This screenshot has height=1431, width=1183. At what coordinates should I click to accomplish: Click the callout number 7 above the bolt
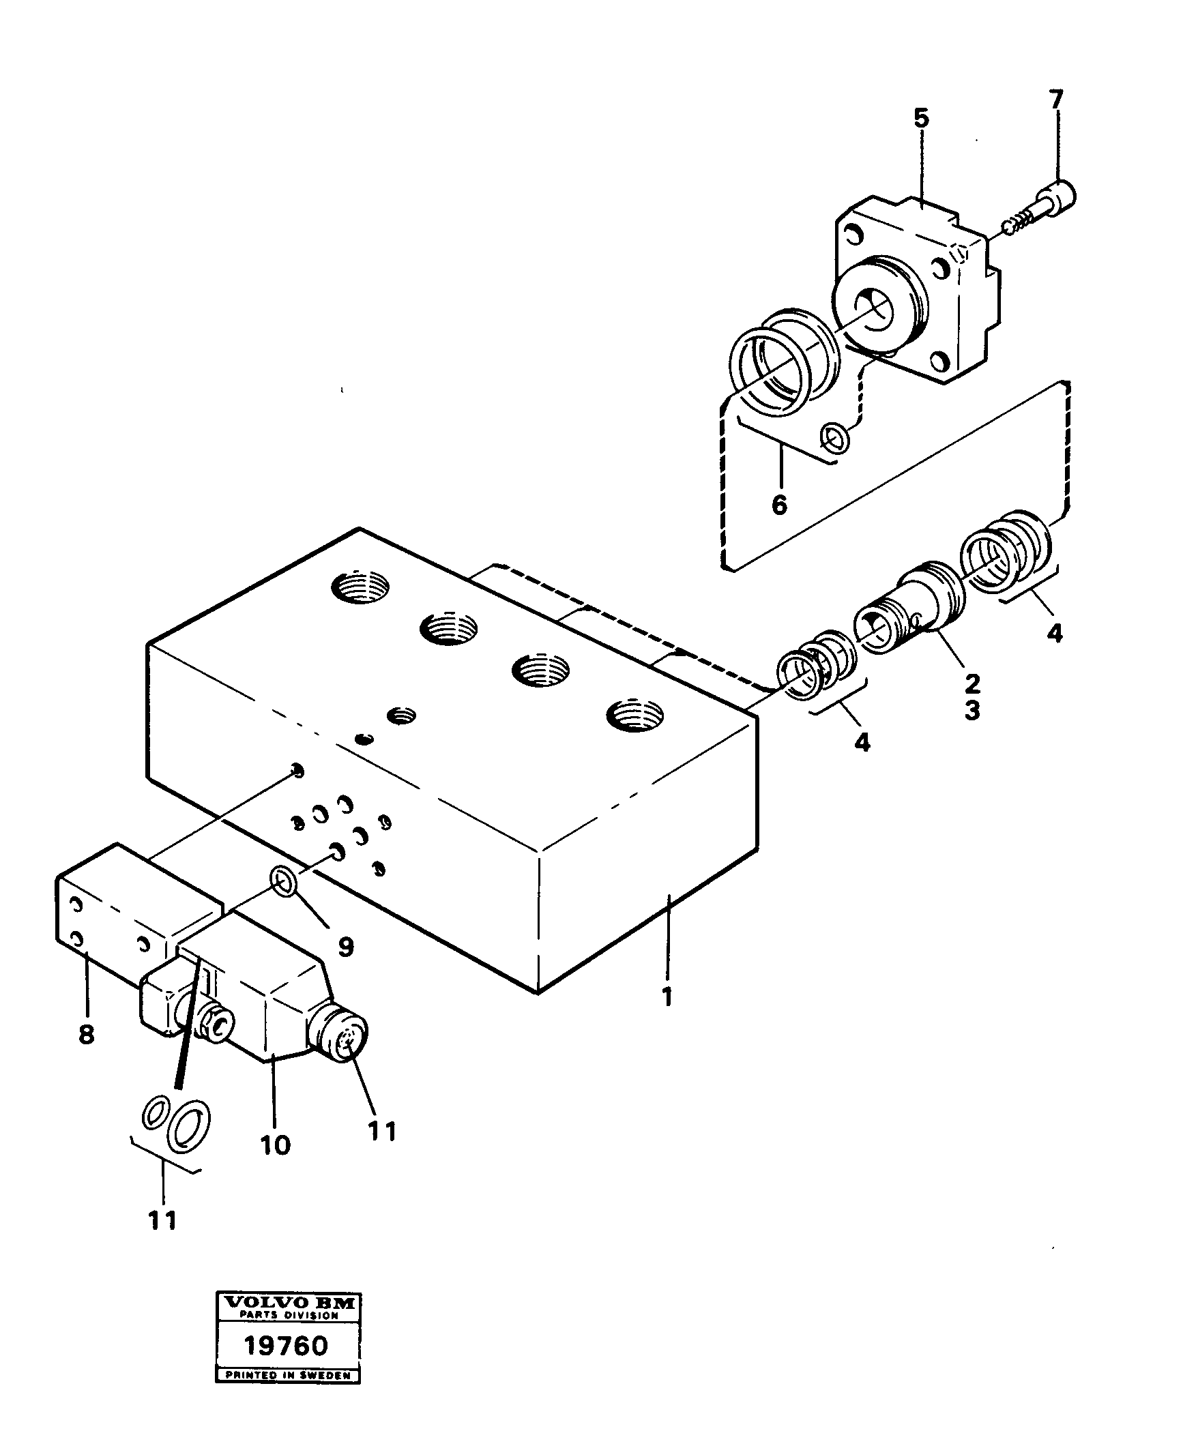click(1055, 100)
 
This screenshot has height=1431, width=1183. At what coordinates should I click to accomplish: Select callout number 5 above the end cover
click(921, 119)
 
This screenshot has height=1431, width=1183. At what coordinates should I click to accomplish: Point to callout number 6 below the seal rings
click(779, 505)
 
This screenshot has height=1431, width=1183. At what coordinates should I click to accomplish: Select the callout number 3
click(972, 710)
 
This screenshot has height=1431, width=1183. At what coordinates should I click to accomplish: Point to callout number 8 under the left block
click(86, 1035)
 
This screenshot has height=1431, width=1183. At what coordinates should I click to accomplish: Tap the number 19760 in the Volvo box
click(287, 1363)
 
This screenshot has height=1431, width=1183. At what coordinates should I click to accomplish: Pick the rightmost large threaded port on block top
click(635, 717)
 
